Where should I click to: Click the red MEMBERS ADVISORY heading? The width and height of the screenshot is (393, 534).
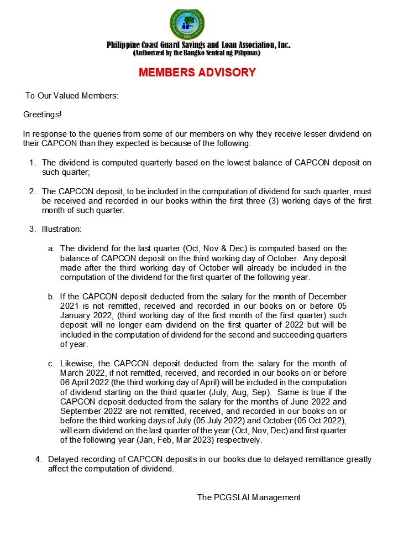[197, 72]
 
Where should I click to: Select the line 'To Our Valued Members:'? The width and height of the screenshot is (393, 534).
[72, 96]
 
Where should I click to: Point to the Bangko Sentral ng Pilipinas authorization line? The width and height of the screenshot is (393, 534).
[197, 53]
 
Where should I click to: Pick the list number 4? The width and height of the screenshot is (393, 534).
[38, 459]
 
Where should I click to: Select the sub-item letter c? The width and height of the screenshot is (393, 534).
[51, 363]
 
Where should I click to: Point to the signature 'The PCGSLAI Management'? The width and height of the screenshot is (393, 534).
[249, 497]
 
